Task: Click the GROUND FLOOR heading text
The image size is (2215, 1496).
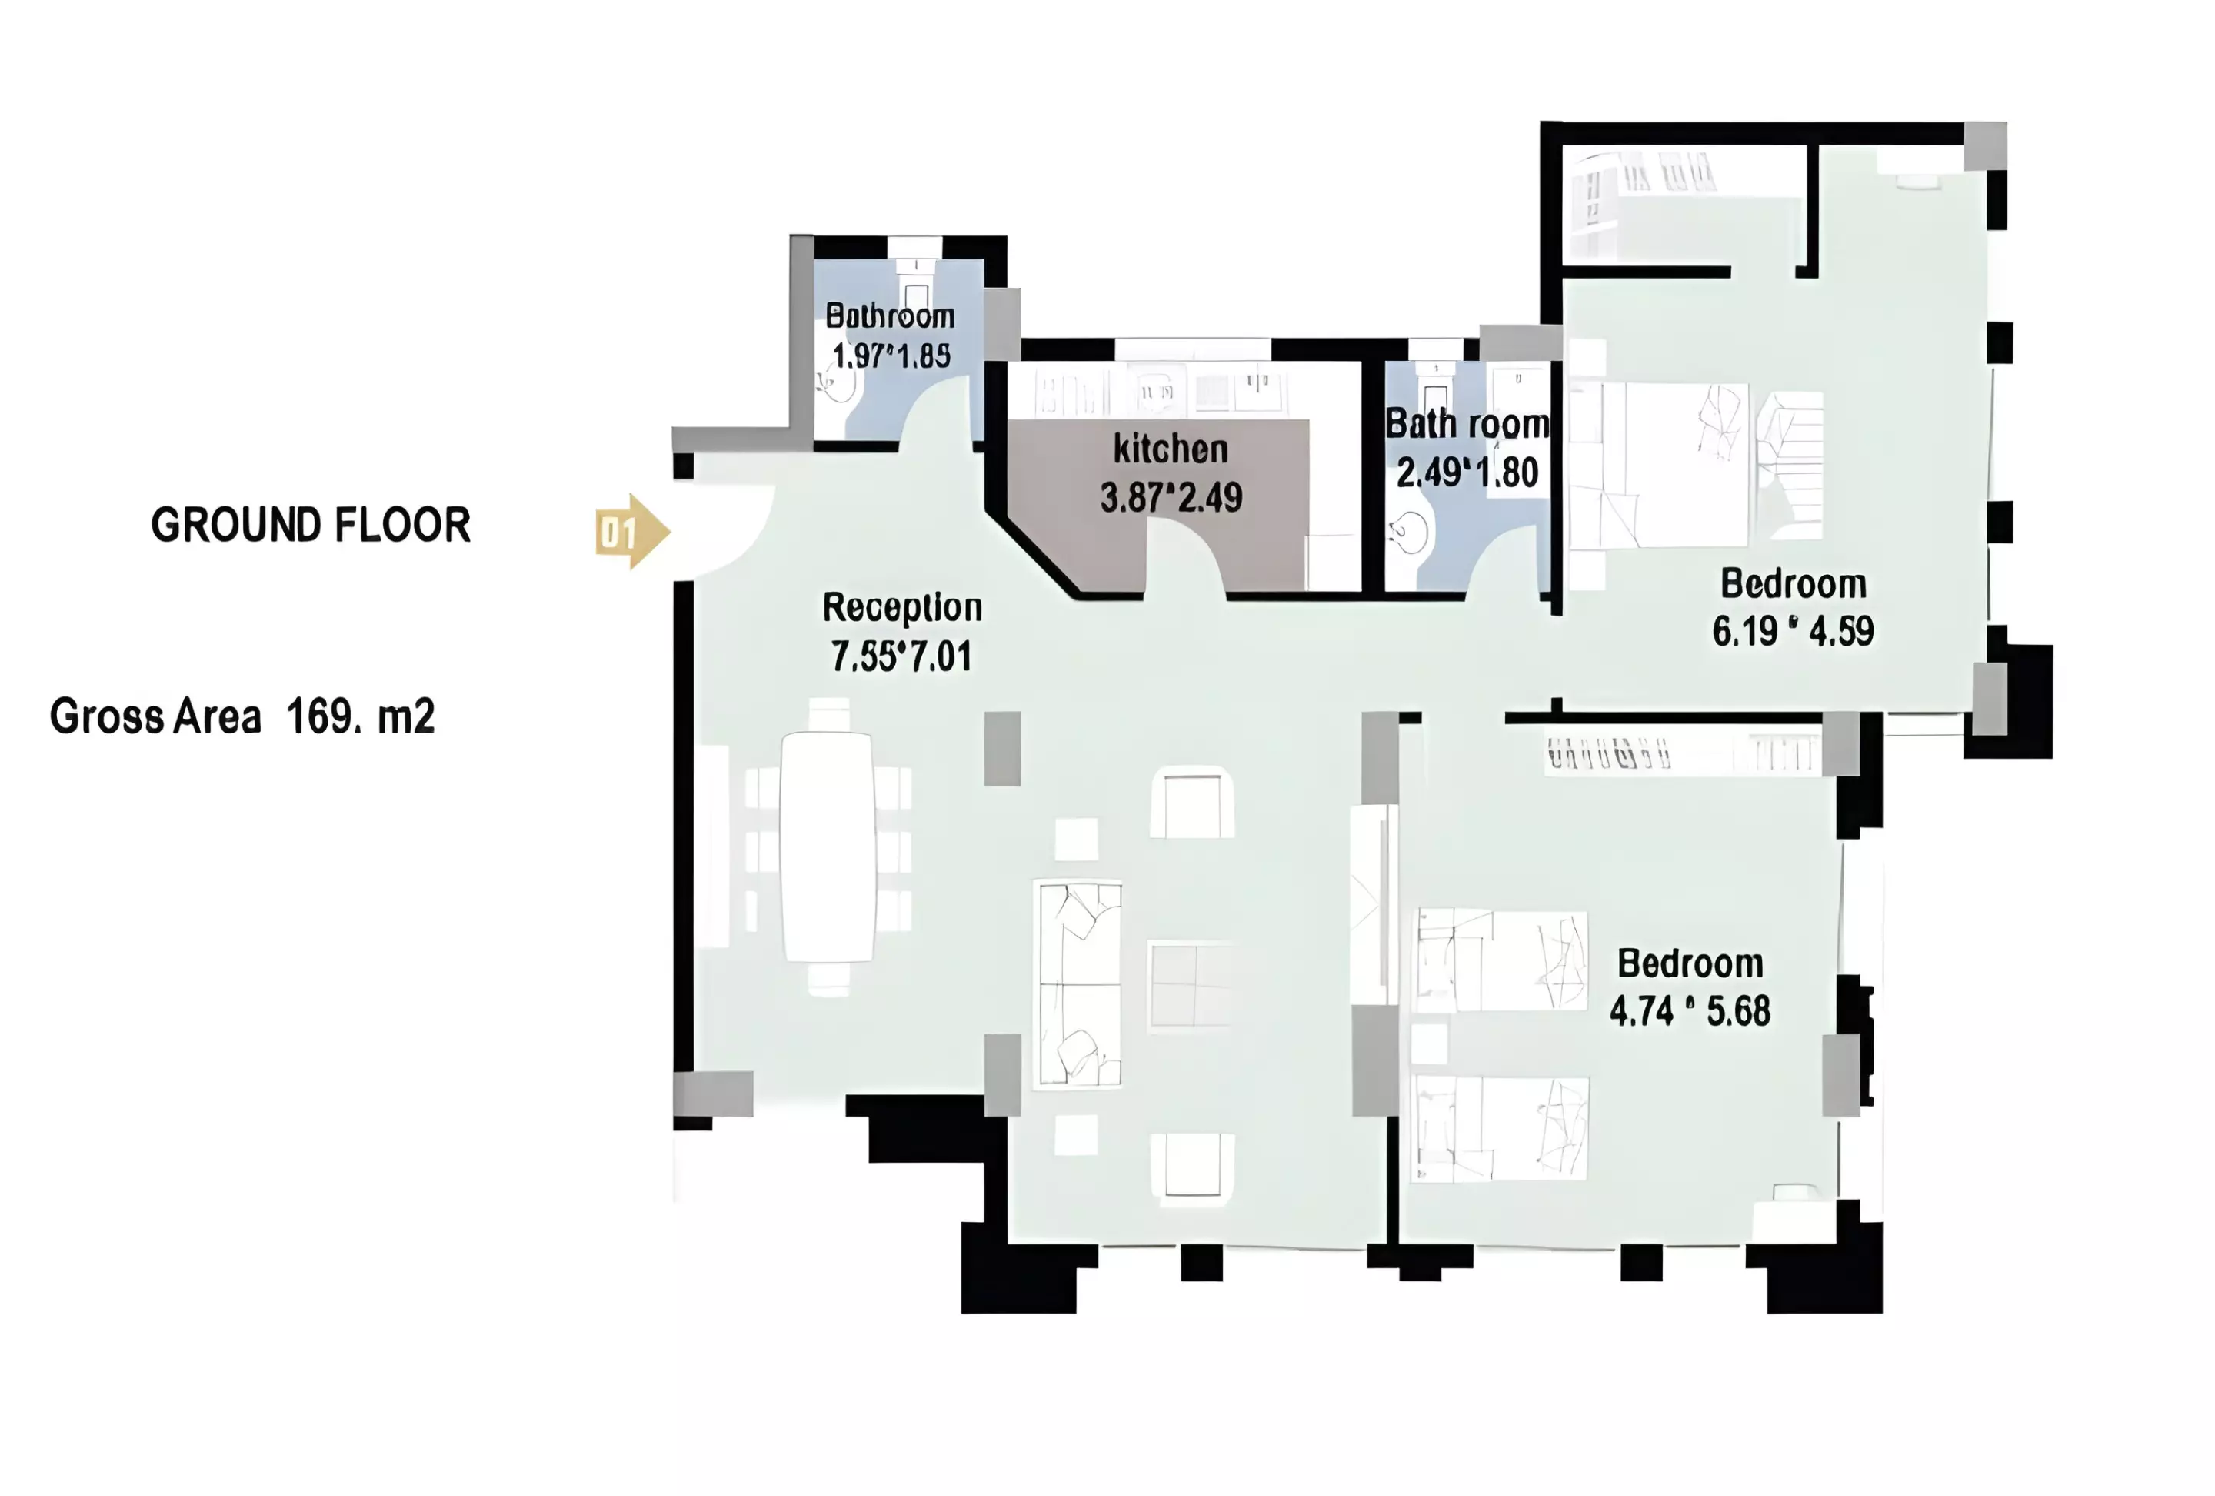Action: [311, 526]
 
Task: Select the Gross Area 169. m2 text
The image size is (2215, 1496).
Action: [242, 716]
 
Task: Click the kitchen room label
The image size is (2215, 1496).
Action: [1171, 449]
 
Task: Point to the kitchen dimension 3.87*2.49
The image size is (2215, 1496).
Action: [1171, 498]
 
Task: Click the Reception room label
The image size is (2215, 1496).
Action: [901, 608]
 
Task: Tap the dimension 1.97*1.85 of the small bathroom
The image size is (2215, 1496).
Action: [891, 356]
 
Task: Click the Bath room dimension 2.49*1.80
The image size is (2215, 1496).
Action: [1467, 473]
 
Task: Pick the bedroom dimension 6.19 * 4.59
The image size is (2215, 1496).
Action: [1793, 631]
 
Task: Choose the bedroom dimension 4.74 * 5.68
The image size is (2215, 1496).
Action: [1690, 1010]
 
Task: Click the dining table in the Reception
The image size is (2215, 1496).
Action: [828, 847]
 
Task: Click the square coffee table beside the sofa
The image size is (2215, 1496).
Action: [1190, 985]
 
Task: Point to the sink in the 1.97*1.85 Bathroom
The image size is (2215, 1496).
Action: [838, 386]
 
